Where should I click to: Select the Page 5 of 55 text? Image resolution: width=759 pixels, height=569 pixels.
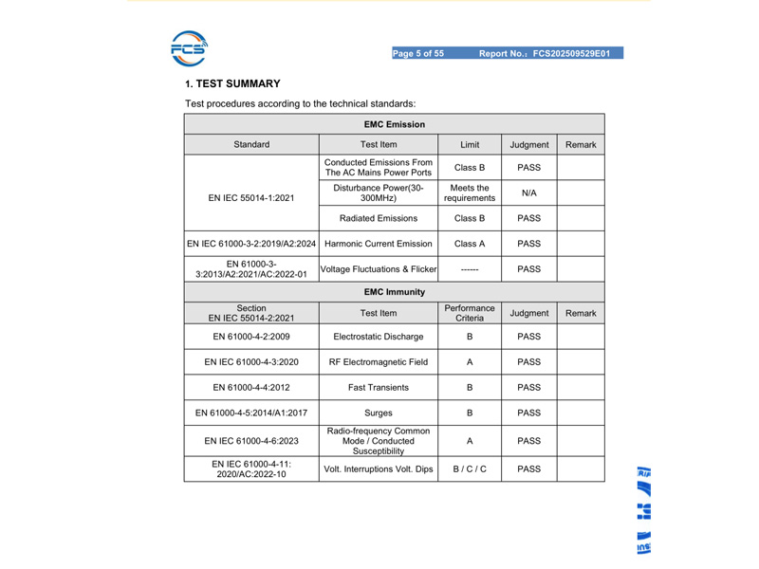[418, 53]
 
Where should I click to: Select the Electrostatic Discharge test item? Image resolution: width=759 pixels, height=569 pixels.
[378, 334]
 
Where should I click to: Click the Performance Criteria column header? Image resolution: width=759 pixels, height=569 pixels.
[469, 313]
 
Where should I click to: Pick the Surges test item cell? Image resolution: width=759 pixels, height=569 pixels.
[378, 413]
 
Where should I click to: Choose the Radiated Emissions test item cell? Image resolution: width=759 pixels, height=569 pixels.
[378, 217]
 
